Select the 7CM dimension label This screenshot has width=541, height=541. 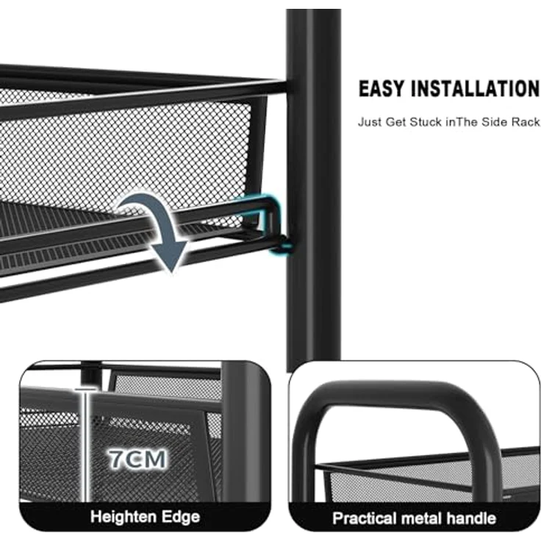tap(138, 459)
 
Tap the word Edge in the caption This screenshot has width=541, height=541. tap(181, 517)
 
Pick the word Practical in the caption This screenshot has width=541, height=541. tap(365, 518)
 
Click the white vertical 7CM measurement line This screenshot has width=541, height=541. tap(85, 445)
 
